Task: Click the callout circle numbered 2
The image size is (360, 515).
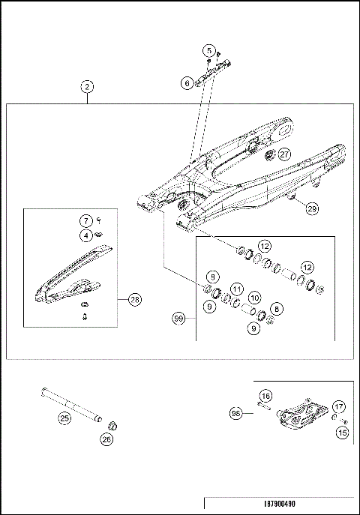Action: click(88, 87)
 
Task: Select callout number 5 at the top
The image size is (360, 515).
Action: click(208, 50)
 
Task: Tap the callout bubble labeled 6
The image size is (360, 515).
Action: click(187, 84)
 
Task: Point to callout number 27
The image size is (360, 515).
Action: click(284, 154)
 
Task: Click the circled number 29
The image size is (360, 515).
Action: click(312, 210)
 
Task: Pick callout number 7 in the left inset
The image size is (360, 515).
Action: click(86, 220)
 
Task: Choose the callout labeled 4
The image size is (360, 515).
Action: click(86, 235)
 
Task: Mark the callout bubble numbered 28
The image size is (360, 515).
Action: click(134, 300)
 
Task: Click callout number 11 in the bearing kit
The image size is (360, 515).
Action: click(236, 289)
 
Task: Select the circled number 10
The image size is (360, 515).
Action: click(254, 298)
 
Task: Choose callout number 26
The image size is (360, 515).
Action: click(106, 441)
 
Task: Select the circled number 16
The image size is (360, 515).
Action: click(265, 395)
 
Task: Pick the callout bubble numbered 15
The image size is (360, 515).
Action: click(343, 433)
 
